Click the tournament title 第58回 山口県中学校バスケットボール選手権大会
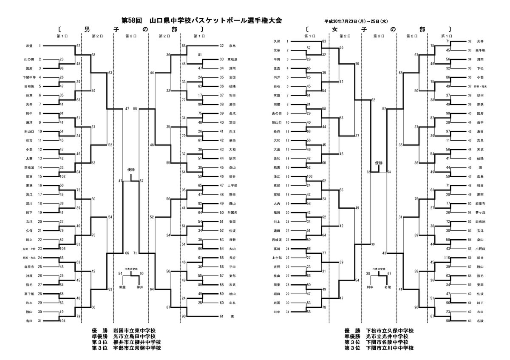[x=201, y=20]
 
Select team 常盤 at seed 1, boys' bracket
[x=29, y=45]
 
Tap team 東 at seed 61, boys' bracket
[x=232, y=317]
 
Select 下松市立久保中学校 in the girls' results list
[x=389, y=331]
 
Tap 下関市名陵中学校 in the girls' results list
[x=386, y=343]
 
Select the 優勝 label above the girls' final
[x=379, y=163]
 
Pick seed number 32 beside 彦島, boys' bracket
[x=221, y=45]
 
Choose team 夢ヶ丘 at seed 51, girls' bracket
[x=481, y=212]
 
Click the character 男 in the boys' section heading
[x=87, y=29]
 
